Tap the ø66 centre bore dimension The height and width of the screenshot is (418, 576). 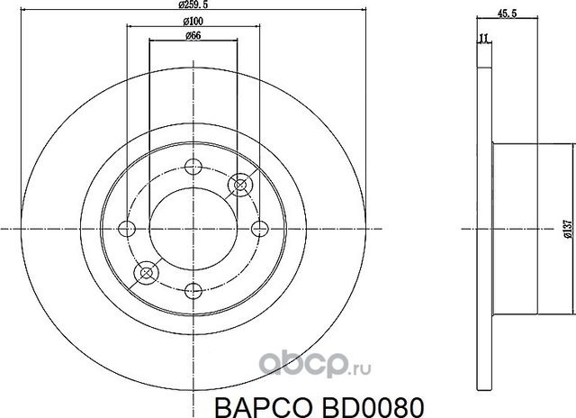click(x=192, y=35)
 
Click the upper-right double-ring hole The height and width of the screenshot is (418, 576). click(x=238, y=184)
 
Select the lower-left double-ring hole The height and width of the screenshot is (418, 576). click(x=145, y=270)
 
